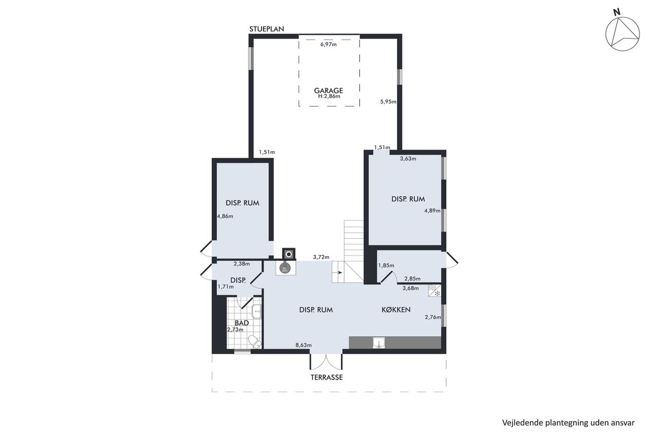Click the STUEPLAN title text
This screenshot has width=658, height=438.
pyautogui.click(x=266, y=29)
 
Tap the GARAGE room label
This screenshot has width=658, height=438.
pyautogui.click(x=328, y=90)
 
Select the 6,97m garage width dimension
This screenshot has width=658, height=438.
pyautogui.click(x=328, y=45)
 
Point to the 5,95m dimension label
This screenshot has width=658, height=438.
pyautogui.click(x=388, y=102)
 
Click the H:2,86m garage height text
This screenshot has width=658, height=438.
pyautogui.click(x=329, y=96)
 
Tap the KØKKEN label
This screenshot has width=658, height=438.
pyautogui.click(x=396, y=310)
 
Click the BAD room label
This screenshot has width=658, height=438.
pyautogui.click(x=242, y=323)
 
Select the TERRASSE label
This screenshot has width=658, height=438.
pyautogui.click(x=326, y=377)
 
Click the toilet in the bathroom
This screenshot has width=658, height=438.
pyautogui.click(x=254, y=342)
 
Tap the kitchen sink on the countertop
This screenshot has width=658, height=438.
pyautogui.click(x=379, y=343)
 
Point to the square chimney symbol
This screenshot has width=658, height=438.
pyautogui.click(x=289, y=254)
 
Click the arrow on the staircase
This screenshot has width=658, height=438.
pyautogui.click(x=339, y=273)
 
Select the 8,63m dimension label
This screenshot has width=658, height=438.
pyautogui.click(x=303, y=345)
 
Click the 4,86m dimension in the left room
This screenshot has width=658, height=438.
pyautogui.click(x=225, y=217)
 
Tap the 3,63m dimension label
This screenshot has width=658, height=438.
pyautogui.click(x=408, y=159)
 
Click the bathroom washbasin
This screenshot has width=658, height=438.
pyautogui.click(x=257, y=311)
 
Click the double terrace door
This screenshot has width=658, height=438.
pyautogui.click(x=326, y=361)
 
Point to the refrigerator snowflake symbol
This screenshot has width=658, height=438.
pyautogui.click(x=437, y=293)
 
